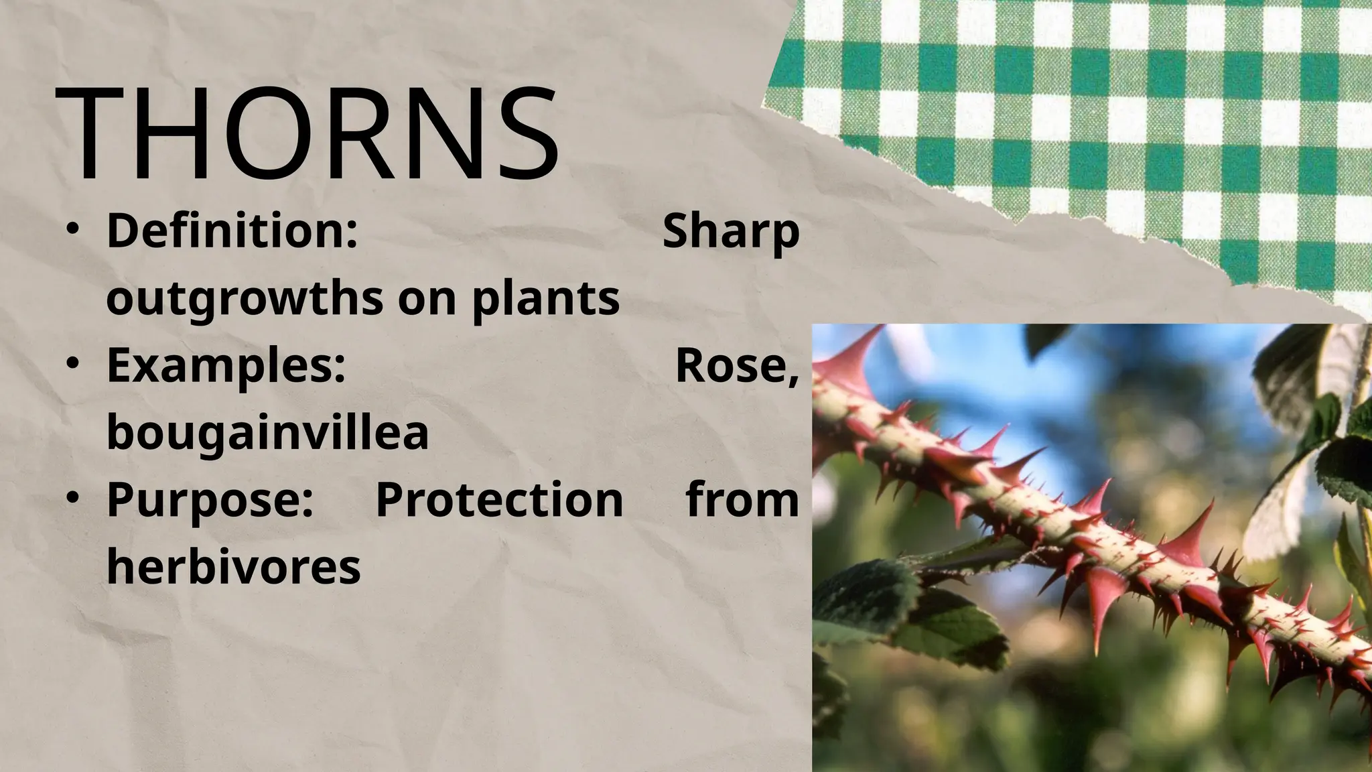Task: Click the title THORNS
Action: click(307, 135)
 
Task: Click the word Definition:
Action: click(232, 231)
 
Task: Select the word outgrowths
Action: click(245, 300)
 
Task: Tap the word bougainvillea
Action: click(267, 432)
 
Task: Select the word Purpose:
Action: click(210, 500)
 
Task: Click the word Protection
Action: click(499, 500)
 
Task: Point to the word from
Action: click(742, 500)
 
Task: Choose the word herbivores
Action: click(233, 567)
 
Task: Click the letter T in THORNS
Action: click(89, 135)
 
